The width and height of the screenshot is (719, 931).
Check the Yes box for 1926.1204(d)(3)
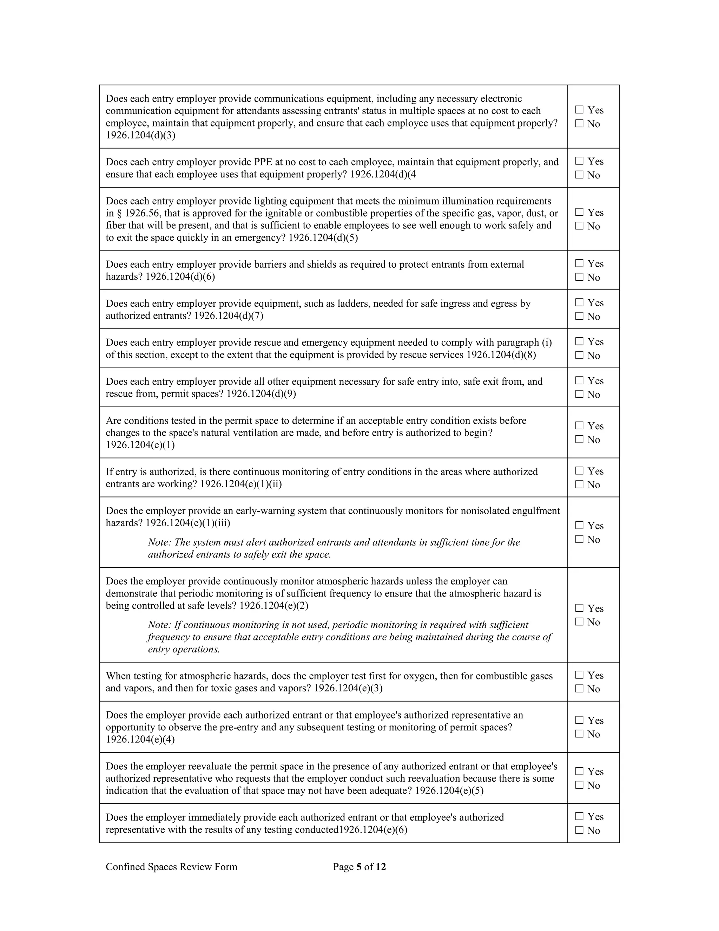(579, 110)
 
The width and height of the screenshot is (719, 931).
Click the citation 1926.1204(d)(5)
(323, 238)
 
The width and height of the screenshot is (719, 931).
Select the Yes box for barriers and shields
(579, 263)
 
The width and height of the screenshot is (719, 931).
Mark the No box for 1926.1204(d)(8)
(579, 355)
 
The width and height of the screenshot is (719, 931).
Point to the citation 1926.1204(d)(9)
(261, 393)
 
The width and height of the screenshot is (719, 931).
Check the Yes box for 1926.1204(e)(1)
(579, 425)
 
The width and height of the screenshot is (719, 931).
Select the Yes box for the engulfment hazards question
(579, 526)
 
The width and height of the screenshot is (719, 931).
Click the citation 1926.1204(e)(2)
(274, 606)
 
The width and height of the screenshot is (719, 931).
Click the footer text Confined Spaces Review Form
(171, 867)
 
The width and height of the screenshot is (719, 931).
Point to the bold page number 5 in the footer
(359, 867)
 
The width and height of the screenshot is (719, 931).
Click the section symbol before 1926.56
(119, 214)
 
